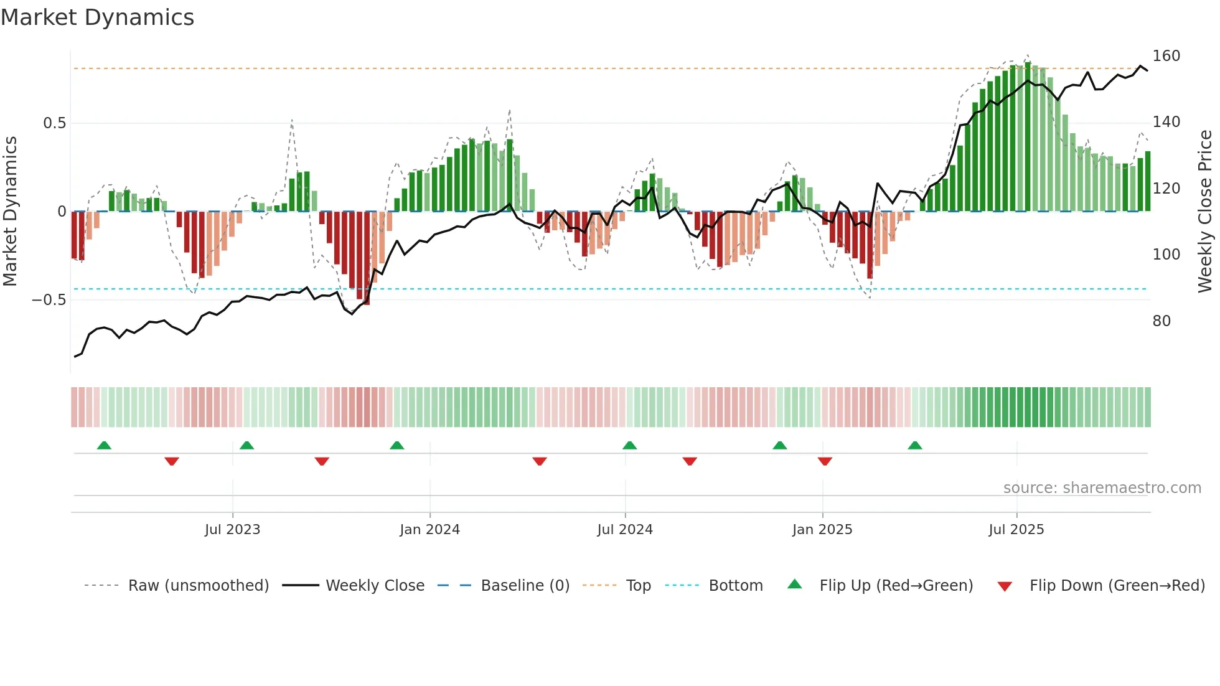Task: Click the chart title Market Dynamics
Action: pyautogui.click(x=97, y=17)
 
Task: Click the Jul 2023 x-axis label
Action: pyautogui.click(x=232, y=530)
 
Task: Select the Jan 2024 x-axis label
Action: pyautogui.click(x=429, y=530)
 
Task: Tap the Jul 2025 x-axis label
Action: pyautogui.click(x=1016, y=530)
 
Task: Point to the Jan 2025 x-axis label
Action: pyautogui.click(x=822, y=530)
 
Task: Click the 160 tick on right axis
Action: pyautogui.click(x=1166, y=56)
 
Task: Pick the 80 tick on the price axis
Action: pyautogui.click(x=1161, y=321)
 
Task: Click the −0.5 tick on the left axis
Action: pyautogui.click(x=49, y=300)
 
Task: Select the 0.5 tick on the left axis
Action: pyautogui.click(x=54, y=123)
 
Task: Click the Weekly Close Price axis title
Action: pyautogui.click(x=1205, y=212)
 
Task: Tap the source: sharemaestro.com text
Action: pyautogui.click(x=1102, y=488)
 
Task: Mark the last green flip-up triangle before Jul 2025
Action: pyautogui.click(x=914, y=446)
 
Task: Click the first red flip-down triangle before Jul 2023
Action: pyautogui.click(x=172, y=461)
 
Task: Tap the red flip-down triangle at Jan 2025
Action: pyautogui.click(x=825, y=461)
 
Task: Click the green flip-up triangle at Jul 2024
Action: pyautogui.click(x=629, y=446)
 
